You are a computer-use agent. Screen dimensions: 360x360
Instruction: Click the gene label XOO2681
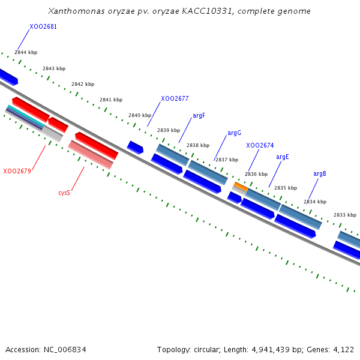coord(43,26)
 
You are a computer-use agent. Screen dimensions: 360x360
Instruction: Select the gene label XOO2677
coord(175,98)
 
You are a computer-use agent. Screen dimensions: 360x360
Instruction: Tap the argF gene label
coord(199,115)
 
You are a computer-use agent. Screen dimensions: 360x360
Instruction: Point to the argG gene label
coord(234,133)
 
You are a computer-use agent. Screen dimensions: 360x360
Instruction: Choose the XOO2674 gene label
coord(260,145)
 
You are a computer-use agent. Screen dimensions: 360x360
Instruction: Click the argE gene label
coord(283,157)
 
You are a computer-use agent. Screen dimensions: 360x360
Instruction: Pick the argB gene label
coord(320,173)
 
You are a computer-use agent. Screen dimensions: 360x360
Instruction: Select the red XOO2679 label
coord(17,171)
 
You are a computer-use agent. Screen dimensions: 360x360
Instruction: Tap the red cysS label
coord(64,193)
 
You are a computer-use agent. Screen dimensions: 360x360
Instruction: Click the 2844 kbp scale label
coord(26,53)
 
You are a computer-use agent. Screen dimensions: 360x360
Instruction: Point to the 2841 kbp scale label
coord(111,100)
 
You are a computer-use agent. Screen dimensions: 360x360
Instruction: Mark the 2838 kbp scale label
coord(198,145)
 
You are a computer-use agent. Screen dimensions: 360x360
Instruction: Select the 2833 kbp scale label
coord(345,215)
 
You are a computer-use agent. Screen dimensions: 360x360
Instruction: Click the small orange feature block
coord(241,187)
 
